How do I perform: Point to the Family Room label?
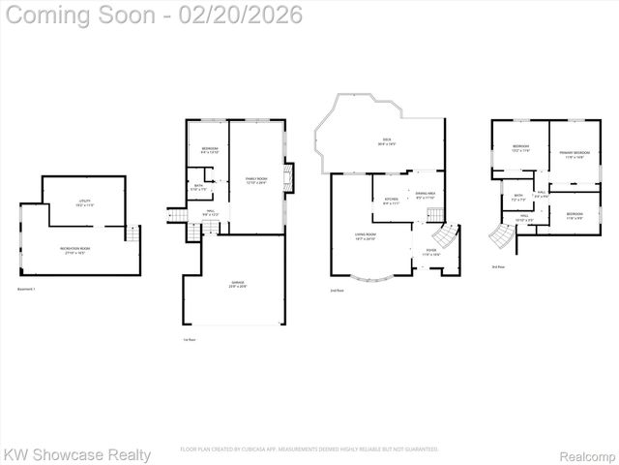(256, 179)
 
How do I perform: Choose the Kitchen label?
(391, 201)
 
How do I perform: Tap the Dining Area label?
(425, 196)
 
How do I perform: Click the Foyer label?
(430, 252)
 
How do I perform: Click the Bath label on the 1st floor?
(198, 187)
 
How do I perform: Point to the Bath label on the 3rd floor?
(518, 198)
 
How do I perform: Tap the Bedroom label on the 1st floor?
(210, 149)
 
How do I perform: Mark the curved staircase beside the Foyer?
(446, 237)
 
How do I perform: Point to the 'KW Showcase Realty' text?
(77, 453)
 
